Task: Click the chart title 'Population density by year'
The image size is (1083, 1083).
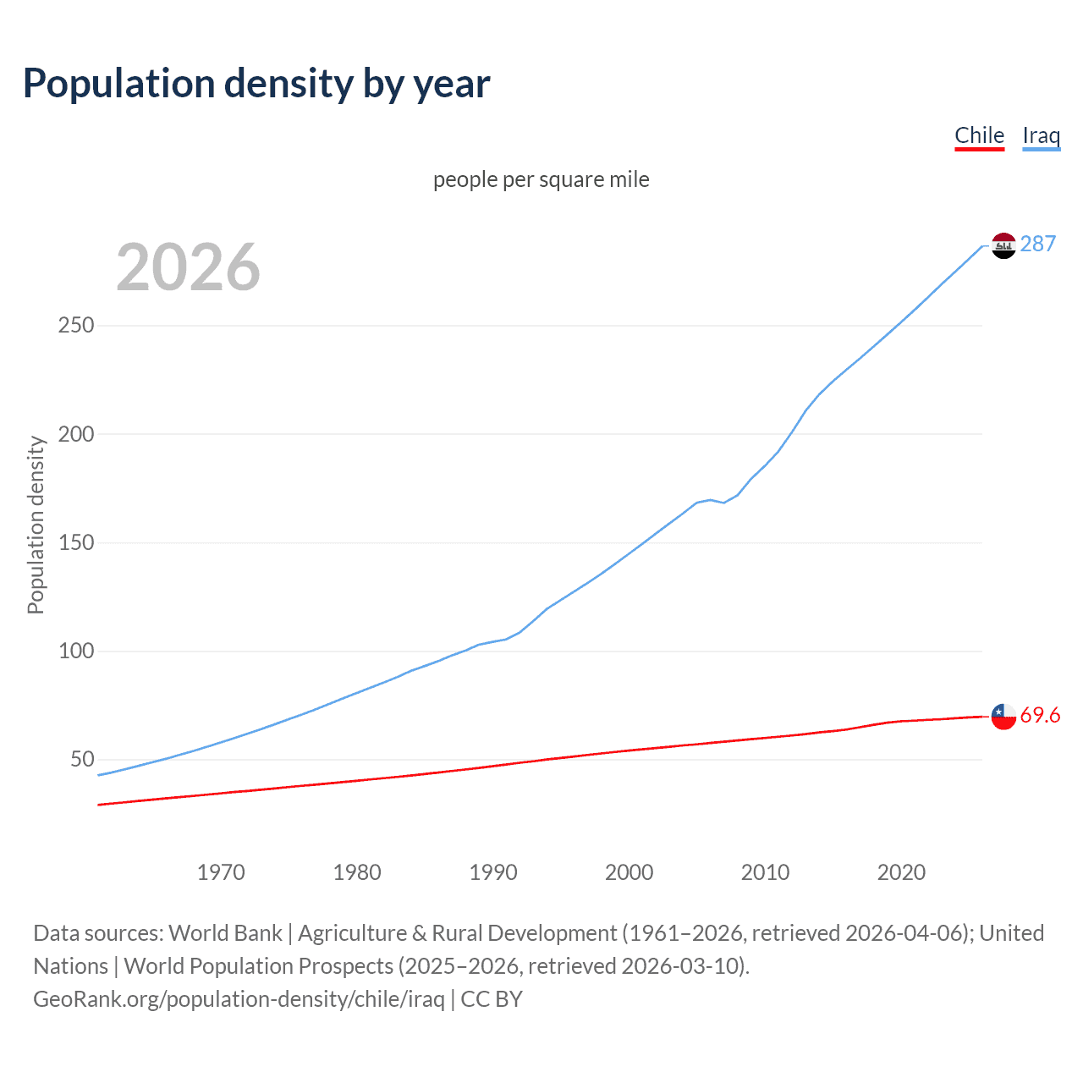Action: click(256, 84)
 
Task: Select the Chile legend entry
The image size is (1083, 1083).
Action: click(979, 135)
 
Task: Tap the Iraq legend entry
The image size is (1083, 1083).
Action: click(1041, 135)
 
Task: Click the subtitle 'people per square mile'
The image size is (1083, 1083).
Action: click(541, 179)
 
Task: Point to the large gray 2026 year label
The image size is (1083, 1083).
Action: click(188, 267)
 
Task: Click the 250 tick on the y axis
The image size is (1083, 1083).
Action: click(76, 326)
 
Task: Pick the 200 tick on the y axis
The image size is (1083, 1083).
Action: click(76, 434)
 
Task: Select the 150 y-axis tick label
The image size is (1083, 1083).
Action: click(76, 542)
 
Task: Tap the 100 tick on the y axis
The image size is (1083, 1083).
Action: click(76, 651)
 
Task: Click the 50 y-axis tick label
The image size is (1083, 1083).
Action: click(82, 760)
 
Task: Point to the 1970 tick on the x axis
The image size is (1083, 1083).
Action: click(221, 872)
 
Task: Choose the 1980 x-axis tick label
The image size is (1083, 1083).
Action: click(357, 872)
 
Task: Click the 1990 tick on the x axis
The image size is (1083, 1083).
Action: click(493, 872)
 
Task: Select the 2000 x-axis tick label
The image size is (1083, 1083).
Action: click(629, 872)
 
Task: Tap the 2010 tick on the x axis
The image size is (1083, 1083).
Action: click(765, 872)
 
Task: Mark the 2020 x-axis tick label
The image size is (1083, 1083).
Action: click(901, 872)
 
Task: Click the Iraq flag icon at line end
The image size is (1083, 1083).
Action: click(1003, 245)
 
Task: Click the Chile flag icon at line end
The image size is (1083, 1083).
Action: click(1003, 716)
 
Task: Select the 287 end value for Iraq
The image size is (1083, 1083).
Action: click(1038, 244)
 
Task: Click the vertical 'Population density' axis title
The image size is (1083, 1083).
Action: click(36, 525)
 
